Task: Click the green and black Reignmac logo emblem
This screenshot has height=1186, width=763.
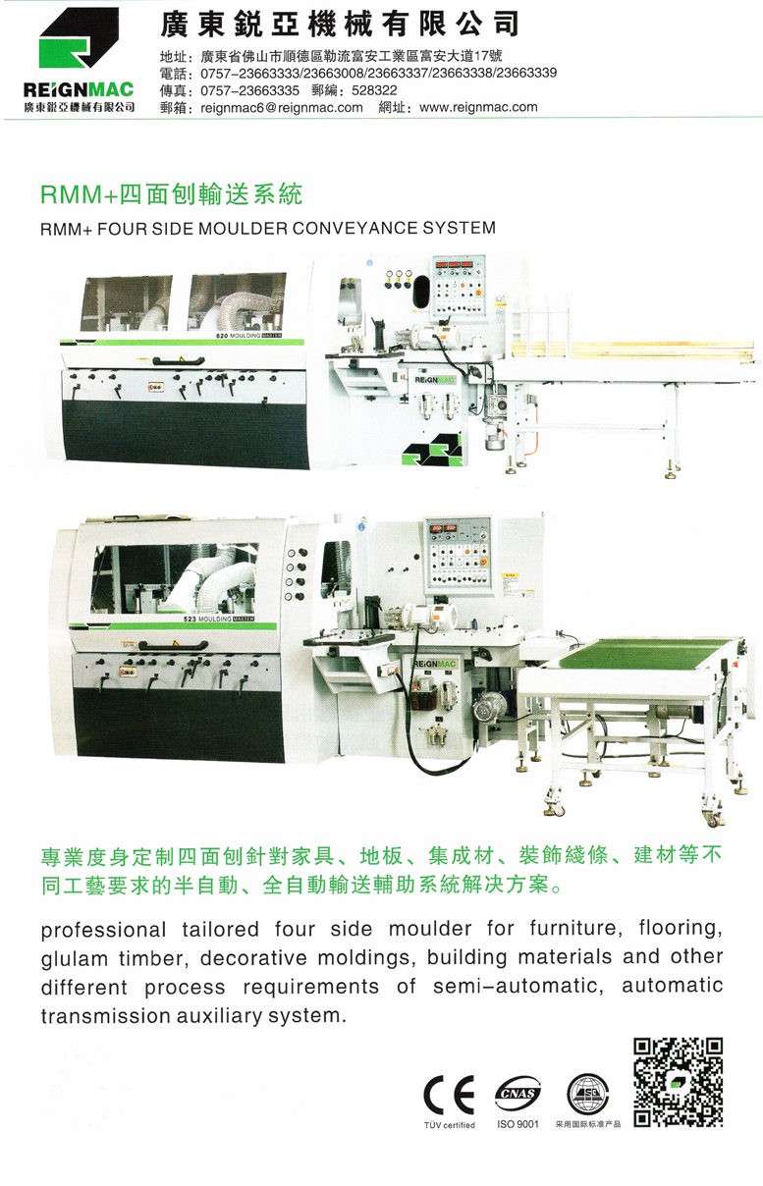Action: pos(79,38)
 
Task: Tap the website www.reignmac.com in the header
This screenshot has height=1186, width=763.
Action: pos(478,107)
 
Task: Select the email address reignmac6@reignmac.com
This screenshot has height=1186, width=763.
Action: pos(282,107)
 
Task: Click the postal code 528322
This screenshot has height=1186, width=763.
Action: pos(374,90)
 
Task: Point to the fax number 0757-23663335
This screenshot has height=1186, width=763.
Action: pos(250,90)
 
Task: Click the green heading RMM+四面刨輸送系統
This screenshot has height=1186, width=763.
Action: pos(172,194)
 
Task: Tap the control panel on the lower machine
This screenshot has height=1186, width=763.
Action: pos(458,554)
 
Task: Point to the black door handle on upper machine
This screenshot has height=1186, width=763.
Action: pos(179,361)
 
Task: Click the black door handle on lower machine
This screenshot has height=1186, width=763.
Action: pos(173,645)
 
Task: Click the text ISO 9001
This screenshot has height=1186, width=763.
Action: pos(518,1123)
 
